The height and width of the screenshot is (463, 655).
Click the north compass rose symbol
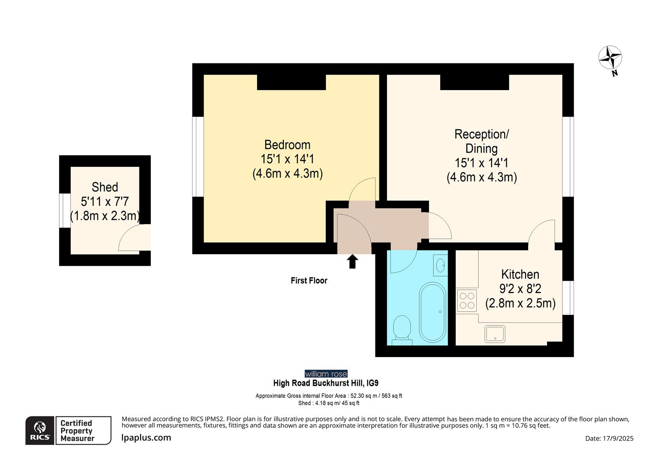[x=610, y=58]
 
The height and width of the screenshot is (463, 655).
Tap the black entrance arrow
[x=352, y=261]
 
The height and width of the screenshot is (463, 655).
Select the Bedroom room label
[x=287, y=145]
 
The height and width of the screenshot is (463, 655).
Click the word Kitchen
[x=520, y=274]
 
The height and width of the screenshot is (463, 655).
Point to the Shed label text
[x=105, y=187]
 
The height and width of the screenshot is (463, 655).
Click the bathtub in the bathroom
[x=433, y=312]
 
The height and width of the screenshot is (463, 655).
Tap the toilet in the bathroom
[x=402, y=329]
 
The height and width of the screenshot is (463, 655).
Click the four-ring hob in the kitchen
[x=466, y=301]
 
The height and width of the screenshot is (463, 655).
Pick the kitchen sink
[x=495, y=334]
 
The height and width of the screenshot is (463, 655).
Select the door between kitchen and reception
[x=542, y=234]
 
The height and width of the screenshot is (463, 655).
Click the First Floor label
[x=309, y=281]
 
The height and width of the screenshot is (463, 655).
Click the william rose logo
[x=326, y=374]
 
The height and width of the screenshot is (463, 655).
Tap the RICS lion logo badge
[x=40, y=430]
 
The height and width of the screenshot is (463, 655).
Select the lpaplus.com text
[x=146, y=438]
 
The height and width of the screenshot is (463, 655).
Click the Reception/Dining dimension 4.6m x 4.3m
[x=481, y=177]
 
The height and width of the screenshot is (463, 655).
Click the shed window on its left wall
[x=65, y=210]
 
